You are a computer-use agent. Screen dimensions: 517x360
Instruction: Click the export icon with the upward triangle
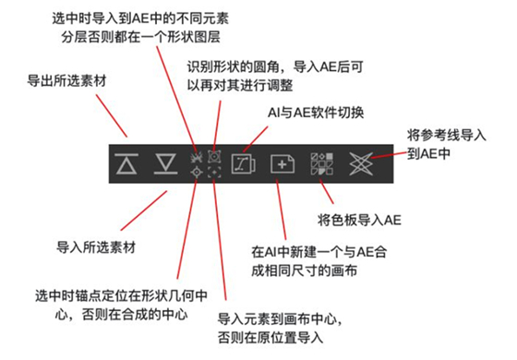tap(126, 163)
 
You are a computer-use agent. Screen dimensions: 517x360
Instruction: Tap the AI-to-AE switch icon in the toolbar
tap(245, 163)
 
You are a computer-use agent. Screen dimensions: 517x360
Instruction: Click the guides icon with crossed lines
tap(360, 163)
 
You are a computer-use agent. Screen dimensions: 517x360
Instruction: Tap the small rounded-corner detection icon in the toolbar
tap(215, 156)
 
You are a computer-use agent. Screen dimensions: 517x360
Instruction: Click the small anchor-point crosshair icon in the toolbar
tap(196, 173)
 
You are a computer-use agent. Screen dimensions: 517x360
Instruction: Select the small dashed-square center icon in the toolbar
tap(215, 173)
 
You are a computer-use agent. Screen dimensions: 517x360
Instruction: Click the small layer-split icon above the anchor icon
tap(196, 156)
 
